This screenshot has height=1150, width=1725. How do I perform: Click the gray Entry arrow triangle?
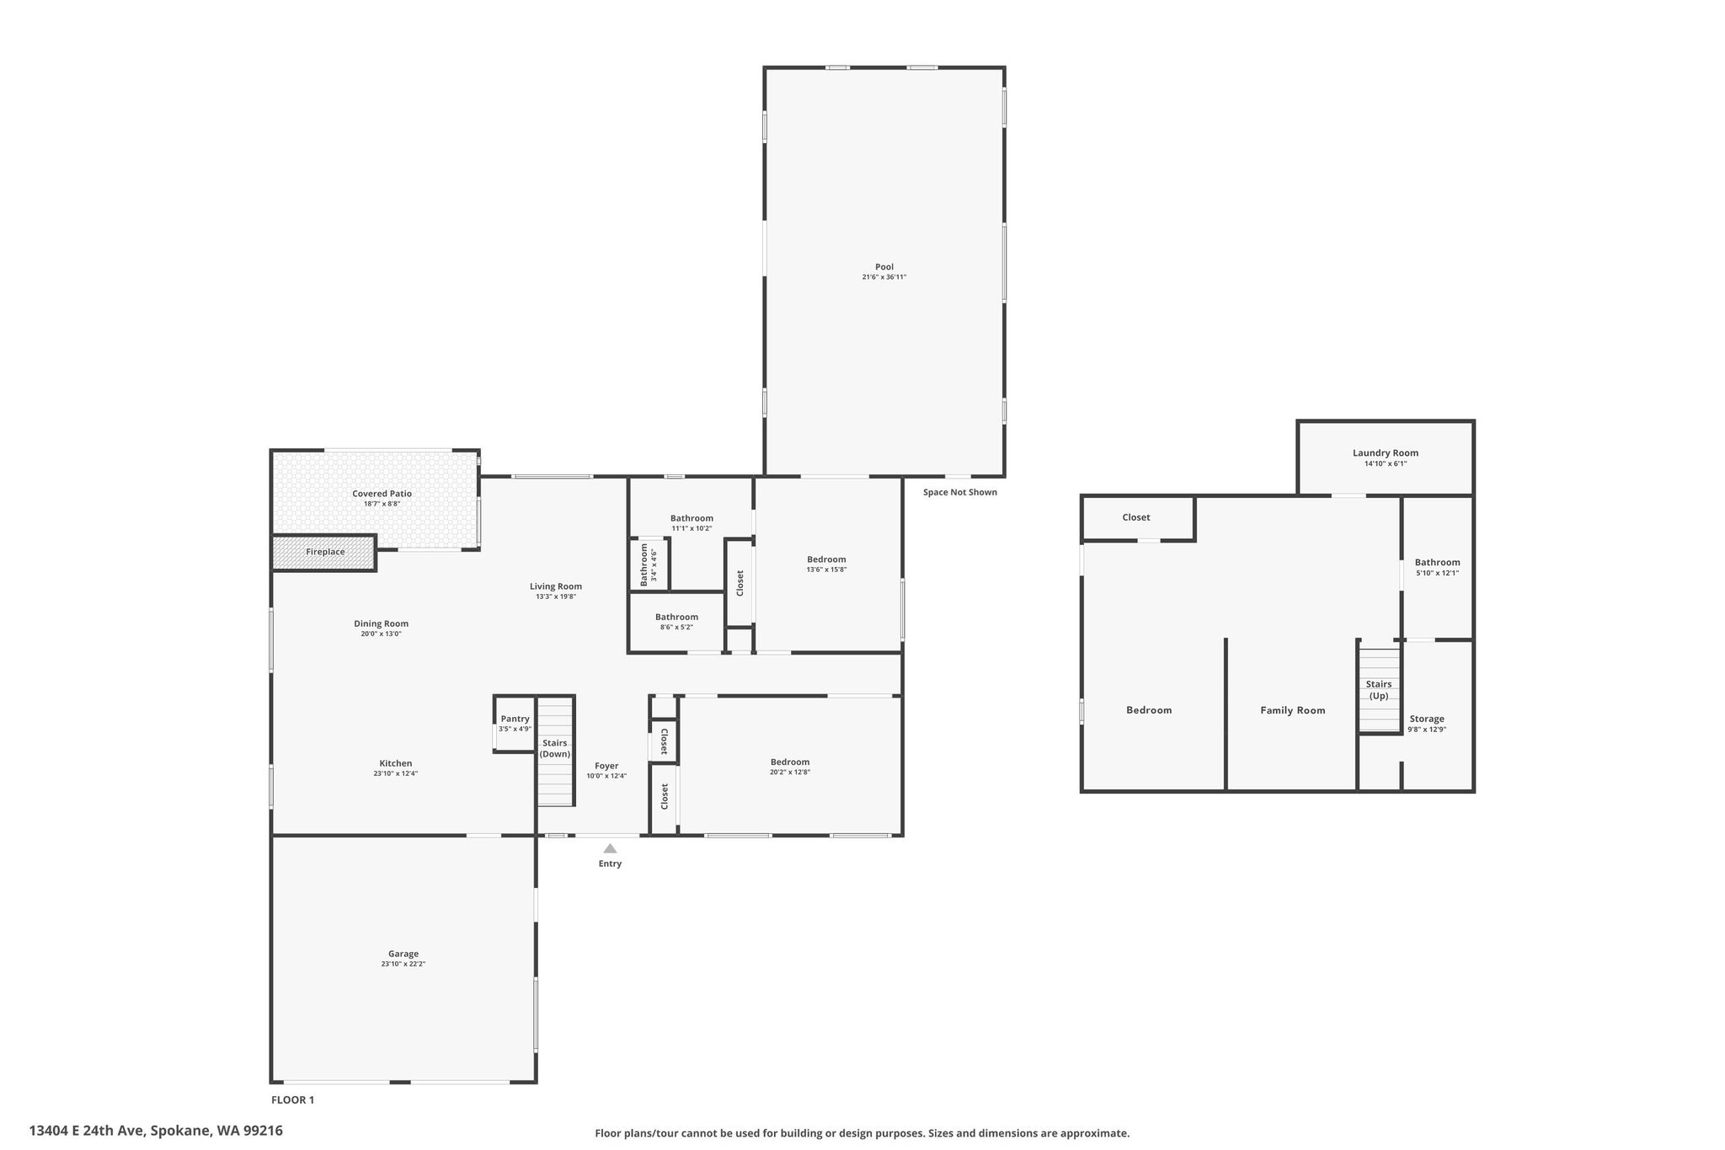click(x=610, y=848)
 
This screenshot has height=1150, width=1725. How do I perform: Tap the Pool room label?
click(x=884, y=267)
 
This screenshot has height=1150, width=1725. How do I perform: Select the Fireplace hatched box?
click(x=324, y=553)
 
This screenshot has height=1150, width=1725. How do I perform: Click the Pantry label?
click(x=515, y=719)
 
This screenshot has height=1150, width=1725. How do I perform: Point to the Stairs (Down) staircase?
click(x=556, y=752)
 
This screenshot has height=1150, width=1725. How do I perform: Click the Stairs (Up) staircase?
click(x=1379, y=689)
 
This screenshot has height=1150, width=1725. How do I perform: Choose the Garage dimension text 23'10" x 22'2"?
click(x=403, y=964)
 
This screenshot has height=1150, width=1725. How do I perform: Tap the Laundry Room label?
click(x=1386, y=452)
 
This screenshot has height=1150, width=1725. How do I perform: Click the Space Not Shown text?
click(x=960, y=492)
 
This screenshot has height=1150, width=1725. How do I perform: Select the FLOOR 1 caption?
click(x=292, y=1099)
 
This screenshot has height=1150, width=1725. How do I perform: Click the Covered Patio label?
click(x=382, y=494)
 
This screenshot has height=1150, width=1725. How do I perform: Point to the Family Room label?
click(x=1293, y=710)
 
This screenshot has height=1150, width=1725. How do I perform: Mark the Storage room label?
click(x=1427, y=719)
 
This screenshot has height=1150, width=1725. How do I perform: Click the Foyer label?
click(x=606, y=766)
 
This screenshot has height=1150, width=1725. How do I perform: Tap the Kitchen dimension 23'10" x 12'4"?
click(x=396, y=773)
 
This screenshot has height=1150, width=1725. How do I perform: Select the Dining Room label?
click(x=381, y=623)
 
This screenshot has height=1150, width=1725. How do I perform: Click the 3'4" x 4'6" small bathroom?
click(x=649, y=564)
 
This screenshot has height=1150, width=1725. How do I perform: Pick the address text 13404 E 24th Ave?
click(x=88, y=1131)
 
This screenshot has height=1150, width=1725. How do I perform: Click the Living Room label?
click(x=556, y=586)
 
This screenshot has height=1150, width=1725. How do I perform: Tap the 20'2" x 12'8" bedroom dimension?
click(x=790, y=772)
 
